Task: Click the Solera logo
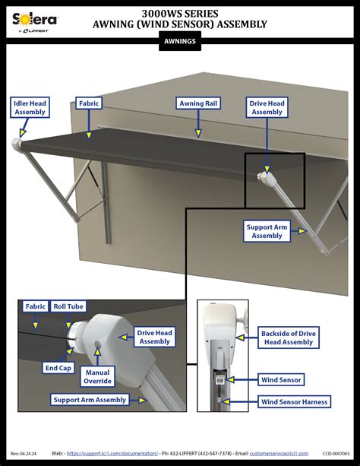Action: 31,19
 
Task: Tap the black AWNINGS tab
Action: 179,43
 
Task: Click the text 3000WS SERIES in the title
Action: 180,13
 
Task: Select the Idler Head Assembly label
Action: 30,107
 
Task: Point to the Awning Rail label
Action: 199,103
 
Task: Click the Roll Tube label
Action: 68,307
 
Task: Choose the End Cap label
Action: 57,368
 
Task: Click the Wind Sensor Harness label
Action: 294,401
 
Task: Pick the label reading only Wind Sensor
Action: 281,379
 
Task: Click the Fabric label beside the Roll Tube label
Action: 35,307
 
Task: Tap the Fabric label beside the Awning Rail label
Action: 89,103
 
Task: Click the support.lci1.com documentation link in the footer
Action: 112,453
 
